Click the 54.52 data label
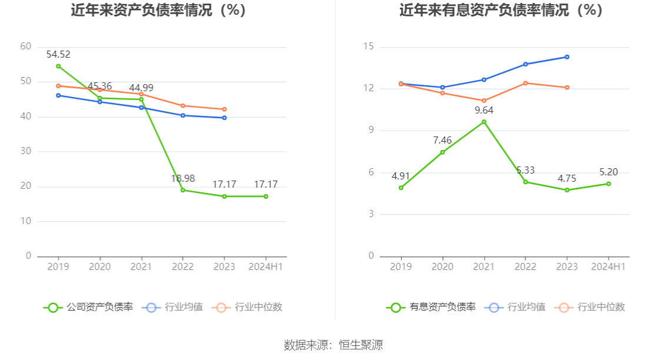[x=58, y=55]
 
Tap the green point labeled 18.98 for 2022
[x=183, y=190]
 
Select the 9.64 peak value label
[x=484, y=110]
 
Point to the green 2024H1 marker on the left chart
[x=266, y=196]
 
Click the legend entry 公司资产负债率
[x=88, y=307]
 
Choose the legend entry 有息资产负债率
[x=431, y=307]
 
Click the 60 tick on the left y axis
[x=26, y=46]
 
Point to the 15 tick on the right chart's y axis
[x=369, y=47]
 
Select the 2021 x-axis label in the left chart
[x=141, y=266]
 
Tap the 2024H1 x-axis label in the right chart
[x=608, y=266]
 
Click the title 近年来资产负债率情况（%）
[x=158, y=10]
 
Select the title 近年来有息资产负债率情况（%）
[x=501, y=10]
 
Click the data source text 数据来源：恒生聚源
[x=333, y=345]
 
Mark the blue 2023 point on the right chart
[x=567, y=57]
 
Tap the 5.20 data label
[x=608, y=172]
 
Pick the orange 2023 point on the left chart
[x=224, y=109]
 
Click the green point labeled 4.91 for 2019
[x=401, y=188]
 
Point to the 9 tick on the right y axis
[x=371, y=131]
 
